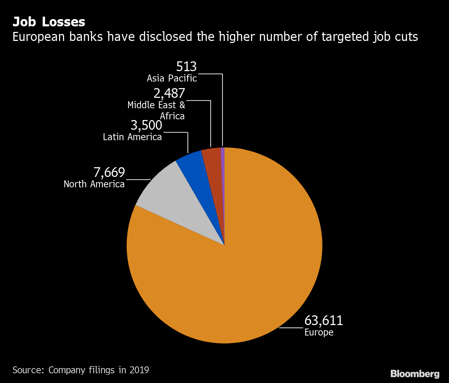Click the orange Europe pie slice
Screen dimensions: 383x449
pos(243,278)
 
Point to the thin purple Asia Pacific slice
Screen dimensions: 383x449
pos(223,173)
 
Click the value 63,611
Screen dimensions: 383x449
pos(324,321)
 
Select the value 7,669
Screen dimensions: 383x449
pos(109,172)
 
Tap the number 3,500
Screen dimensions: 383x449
pos(146,125)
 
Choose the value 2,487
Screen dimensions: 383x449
pos(169,93)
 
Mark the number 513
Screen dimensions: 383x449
pos(186,67)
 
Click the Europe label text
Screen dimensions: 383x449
pos(319,332)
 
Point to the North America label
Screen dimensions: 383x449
pos(94,184)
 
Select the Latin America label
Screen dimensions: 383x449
pos(132,137)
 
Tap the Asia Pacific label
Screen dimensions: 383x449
pos(172,78)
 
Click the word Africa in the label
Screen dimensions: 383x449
pos(172,116)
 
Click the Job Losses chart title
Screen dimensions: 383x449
pos(49,22)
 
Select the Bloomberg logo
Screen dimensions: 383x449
pos(415,374)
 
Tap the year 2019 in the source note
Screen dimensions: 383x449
pos(139,370)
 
